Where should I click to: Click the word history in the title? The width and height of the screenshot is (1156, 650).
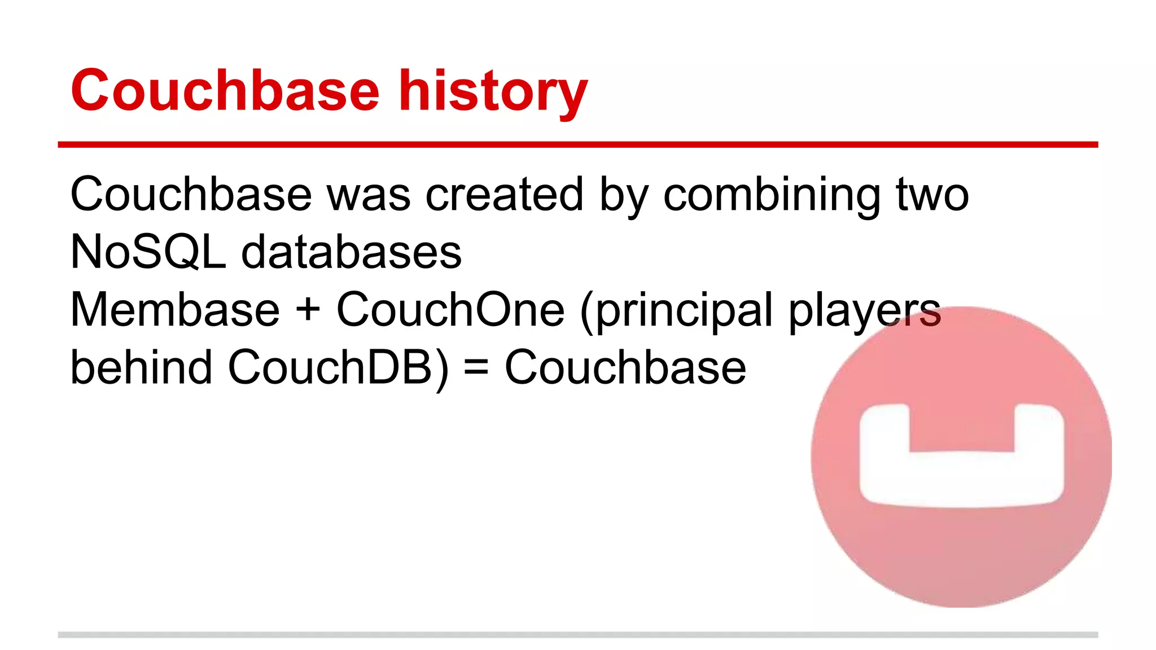coord(493,91)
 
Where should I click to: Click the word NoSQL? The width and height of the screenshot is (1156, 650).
coord(148,252)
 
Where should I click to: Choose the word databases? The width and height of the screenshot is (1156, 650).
coord(351,252)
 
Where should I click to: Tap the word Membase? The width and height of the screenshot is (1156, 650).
coord(175,310)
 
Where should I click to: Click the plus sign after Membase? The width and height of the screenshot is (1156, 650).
coord(308,310)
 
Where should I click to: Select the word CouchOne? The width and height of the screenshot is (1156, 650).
coord(450,310)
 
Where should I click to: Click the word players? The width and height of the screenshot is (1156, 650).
coord(864,312)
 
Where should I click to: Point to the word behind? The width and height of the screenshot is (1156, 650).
coord(141,367)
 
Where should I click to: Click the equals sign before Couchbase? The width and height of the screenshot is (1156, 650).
coord(476,368)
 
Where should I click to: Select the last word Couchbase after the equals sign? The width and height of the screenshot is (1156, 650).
coord(625,367)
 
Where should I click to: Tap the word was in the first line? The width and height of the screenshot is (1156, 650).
coord(369,195)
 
